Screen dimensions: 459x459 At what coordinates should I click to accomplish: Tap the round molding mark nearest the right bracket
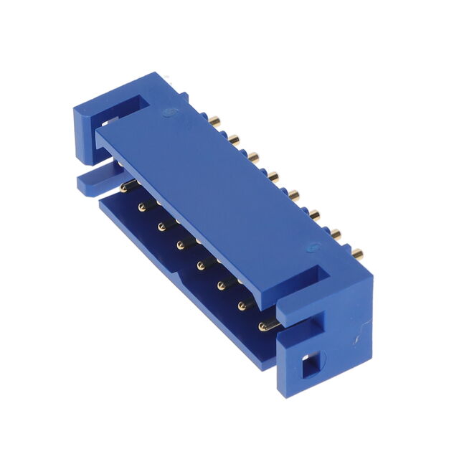pyautogui.click(x=310, y=250)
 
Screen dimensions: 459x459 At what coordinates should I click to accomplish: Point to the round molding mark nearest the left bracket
pyautogui.click(x=169, y=112)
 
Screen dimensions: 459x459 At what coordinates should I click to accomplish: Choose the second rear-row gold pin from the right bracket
pyautogui.click(x=334, y=231)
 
